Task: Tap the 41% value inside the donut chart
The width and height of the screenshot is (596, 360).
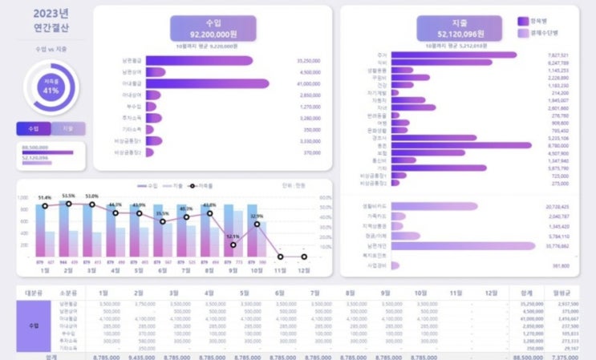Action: point(51,91)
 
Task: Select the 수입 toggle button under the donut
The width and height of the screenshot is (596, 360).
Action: point(34,128)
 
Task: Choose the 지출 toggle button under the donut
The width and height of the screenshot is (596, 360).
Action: point(68,128)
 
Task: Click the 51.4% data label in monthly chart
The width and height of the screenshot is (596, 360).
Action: point(45,197)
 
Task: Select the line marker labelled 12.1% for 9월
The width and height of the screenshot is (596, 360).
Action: point(233,244)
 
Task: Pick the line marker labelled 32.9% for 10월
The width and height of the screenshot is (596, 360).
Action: point(257,224)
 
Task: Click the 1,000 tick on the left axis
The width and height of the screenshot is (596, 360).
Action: point(22,197)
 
